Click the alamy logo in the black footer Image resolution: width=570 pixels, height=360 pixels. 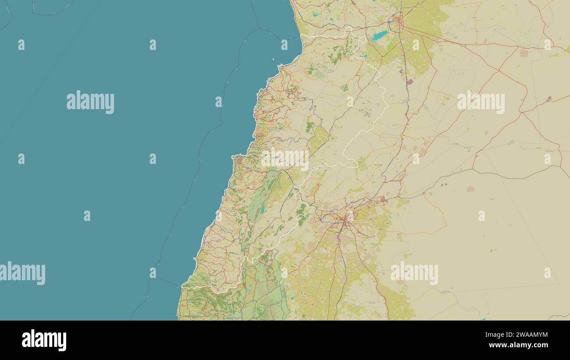pos(44,340)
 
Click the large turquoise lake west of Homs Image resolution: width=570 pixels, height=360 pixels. pos(380,36)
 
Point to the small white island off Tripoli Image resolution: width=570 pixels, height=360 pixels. pos(273,60)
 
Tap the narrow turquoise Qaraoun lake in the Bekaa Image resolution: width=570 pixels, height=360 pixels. pos(262,210)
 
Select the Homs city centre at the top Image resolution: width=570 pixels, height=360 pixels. pos(399,20)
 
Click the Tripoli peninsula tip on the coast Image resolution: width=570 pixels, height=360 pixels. pos(280,67)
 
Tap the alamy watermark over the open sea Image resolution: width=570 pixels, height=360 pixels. pos(90,102)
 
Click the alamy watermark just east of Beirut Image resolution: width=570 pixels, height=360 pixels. pos(285,159)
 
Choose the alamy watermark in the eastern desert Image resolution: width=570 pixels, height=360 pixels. pos(481,102)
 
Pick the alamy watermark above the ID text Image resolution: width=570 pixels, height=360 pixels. pos(414,273)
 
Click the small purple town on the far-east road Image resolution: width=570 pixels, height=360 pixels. pos(549,99)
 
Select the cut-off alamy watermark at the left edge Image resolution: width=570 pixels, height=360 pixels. pos(22,273)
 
